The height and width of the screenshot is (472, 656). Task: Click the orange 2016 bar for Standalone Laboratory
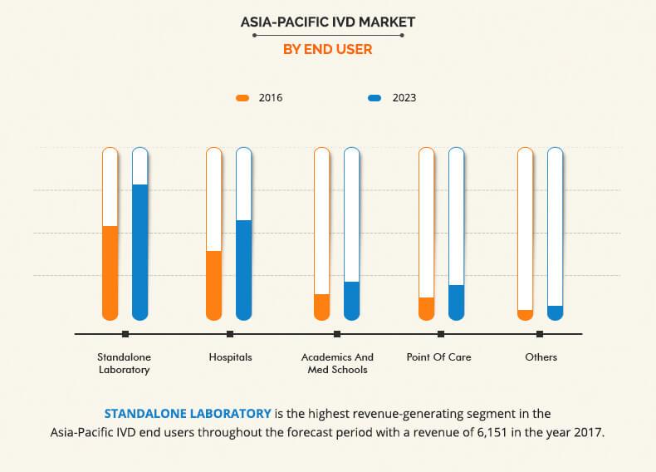click(110, 272)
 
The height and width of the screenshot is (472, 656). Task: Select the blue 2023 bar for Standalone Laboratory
click(140, 251)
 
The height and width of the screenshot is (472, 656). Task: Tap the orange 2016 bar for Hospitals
click(213, 284)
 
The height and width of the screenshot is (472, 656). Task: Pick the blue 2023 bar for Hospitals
click(243, 269)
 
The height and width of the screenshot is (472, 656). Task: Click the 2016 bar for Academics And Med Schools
click(321, 306)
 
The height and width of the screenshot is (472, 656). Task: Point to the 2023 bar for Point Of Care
click(456, 302)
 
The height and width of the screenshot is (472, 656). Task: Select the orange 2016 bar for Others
click(525, 314)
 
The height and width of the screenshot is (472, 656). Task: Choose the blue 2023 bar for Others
click(555, 312)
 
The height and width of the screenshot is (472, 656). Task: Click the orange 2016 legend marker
click(242, 98)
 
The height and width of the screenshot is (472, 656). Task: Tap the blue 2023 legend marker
click(375, 98)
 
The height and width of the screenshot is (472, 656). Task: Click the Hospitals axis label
click(230, 357)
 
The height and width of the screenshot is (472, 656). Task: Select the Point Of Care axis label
click(438, 357)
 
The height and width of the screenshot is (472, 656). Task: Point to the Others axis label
click(541, 357)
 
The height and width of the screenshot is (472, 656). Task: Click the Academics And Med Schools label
click(337, 363)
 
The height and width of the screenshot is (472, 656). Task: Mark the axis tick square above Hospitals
click(230, 334)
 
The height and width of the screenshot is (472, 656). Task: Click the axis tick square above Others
click(540, 334)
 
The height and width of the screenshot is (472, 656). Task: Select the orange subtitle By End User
click(327, 50)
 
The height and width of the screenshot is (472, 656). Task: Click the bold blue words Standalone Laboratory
click(188, 413)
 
